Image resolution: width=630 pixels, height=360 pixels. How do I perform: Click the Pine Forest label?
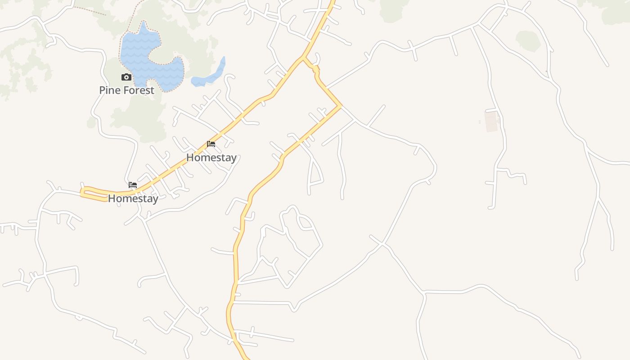pos(126,90)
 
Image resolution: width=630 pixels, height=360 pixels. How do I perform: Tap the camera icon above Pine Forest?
pos(126,77)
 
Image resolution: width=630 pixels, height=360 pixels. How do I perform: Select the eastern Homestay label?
pos(211,157)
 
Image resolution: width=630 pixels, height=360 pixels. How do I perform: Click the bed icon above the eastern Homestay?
pos(211,144)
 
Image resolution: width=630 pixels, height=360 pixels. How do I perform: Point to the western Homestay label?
pos(133,198)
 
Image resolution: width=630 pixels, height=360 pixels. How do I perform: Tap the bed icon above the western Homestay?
pos(133,185)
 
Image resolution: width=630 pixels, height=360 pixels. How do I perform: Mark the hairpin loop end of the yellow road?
pos(83,192)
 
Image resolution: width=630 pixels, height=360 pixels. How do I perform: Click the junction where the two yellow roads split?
pos(304,58)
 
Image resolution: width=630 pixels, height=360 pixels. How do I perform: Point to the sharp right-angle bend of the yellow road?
pos(341,107)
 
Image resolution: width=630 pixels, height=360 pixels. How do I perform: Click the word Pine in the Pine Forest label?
pos(109,90)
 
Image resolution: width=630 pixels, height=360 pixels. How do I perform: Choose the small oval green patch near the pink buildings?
pos(527,41)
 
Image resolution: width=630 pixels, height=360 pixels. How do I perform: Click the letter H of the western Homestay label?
pos(112,198)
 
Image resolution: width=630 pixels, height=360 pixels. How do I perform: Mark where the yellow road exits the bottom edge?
pos(247,358)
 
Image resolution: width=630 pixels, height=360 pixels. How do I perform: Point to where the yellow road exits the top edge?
pos(333,2)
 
